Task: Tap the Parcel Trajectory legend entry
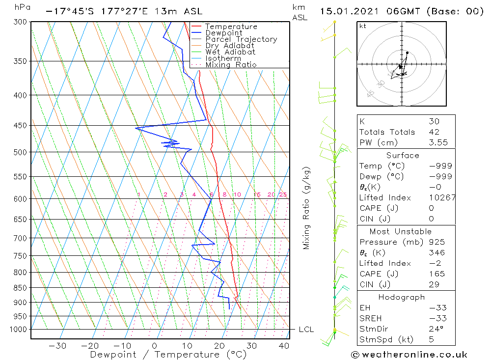coord(241,39)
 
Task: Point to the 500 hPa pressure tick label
coord(20,152)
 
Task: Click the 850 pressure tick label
coord(20,287)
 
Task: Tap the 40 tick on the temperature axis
coord(283,345)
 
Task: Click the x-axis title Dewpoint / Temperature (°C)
coord(168,354)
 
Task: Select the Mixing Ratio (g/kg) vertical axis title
coord(307,208)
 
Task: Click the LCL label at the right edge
coord(306,330)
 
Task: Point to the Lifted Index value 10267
coord(442,197)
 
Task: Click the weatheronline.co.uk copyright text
coord(409,355)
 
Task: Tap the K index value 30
coord(434,121)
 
